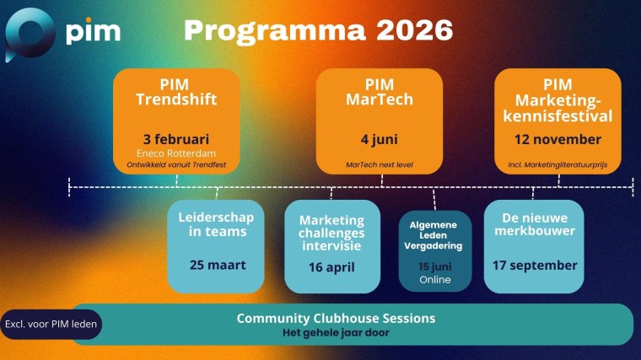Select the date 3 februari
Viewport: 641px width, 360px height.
coord(176,138)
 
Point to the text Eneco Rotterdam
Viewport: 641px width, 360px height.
coord(176,153)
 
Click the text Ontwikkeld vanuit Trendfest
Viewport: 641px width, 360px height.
coord(176,164)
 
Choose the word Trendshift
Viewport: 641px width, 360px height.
coord(176,99)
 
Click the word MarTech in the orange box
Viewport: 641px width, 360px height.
coord(380,99)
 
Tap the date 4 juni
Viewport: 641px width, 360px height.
coord(380,138)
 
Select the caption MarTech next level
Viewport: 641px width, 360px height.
coord(380,164)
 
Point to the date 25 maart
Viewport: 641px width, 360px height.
coord(218,265)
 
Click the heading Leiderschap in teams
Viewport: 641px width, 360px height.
coord(216,224)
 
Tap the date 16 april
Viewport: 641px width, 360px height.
coord(331,267)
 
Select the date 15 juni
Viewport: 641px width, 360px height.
coord(435,266)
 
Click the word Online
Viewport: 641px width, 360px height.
coord(435,279)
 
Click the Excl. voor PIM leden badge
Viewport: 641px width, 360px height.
coord(51,324)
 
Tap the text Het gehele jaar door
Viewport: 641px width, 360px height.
coord(336,333)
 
